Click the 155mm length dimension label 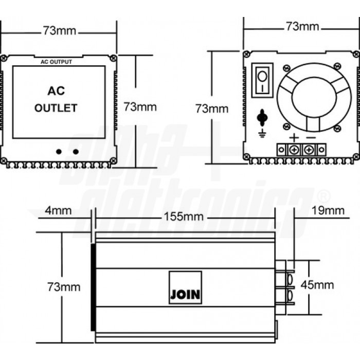[x=184, y=217]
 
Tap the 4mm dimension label [x=58, y=210]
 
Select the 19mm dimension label [x=328, y=210]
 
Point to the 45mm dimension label [x=317, y=285]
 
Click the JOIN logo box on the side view [x=185, y=287]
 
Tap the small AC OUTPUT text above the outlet [x=56, y=62]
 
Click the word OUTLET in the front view [x=56, y=108]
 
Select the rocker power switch [x=262, y=80]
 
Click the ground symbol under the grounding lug [x=262, y=133]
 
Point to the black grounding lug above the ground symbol [x=262, y=118]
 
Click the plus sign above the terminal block [x=294, y=138]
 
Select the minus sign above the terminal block [x=311, y=138]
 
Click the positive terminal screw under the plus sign [x=294, y=150]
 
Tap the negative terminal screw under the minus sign [x=309, y=150]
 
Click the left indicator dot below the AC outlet [x=59, y=152]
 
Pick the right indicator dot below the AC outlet [x=76, y=152]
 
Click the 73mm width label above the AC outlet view [x=60, y=30]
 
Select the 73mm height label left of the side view [x=64, y=287]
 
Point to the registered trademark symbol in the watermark [x=323, y=195]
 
